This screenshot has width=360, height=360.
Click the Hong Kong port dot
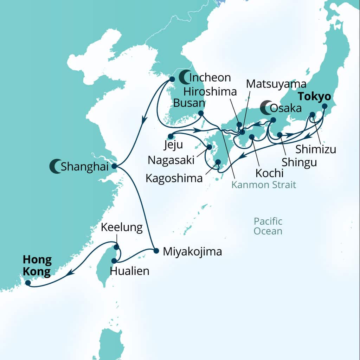tap(28, 282)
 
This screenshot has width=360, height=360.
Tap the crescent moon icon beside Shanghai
tap(55, 166)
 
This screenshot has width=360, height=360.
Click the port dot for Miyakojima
tap(156, 251)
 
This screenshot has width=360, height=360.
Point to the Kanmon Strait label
tap(263, 185)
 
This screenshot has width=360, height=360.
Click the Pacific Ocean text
tap(268, 226)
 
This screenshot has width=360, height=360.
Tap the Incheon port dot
tap(172, 79)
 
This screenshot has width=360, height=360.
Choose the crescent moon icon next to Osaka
tap(266, 108)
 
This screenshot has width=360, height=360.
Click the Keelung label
tap(122, 227)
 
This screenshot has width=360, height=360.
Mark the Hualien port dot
tap(114, 261)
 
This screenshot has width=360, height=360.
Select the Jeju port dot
tap(170, 136)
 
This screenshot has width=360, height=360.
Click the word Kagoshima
tap(174, 178)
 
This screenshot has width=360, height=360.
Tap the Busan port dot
tap(201, 113)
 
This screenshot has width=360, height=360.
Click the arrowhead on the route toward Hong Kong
tap(71, 272)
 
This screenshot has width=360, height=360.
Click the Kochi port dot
tap(252, 137)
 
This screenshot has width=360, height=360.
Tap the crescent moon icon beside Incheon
tap(184, 77)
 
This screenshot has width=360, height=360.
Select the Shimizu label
tap(315, 149)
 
